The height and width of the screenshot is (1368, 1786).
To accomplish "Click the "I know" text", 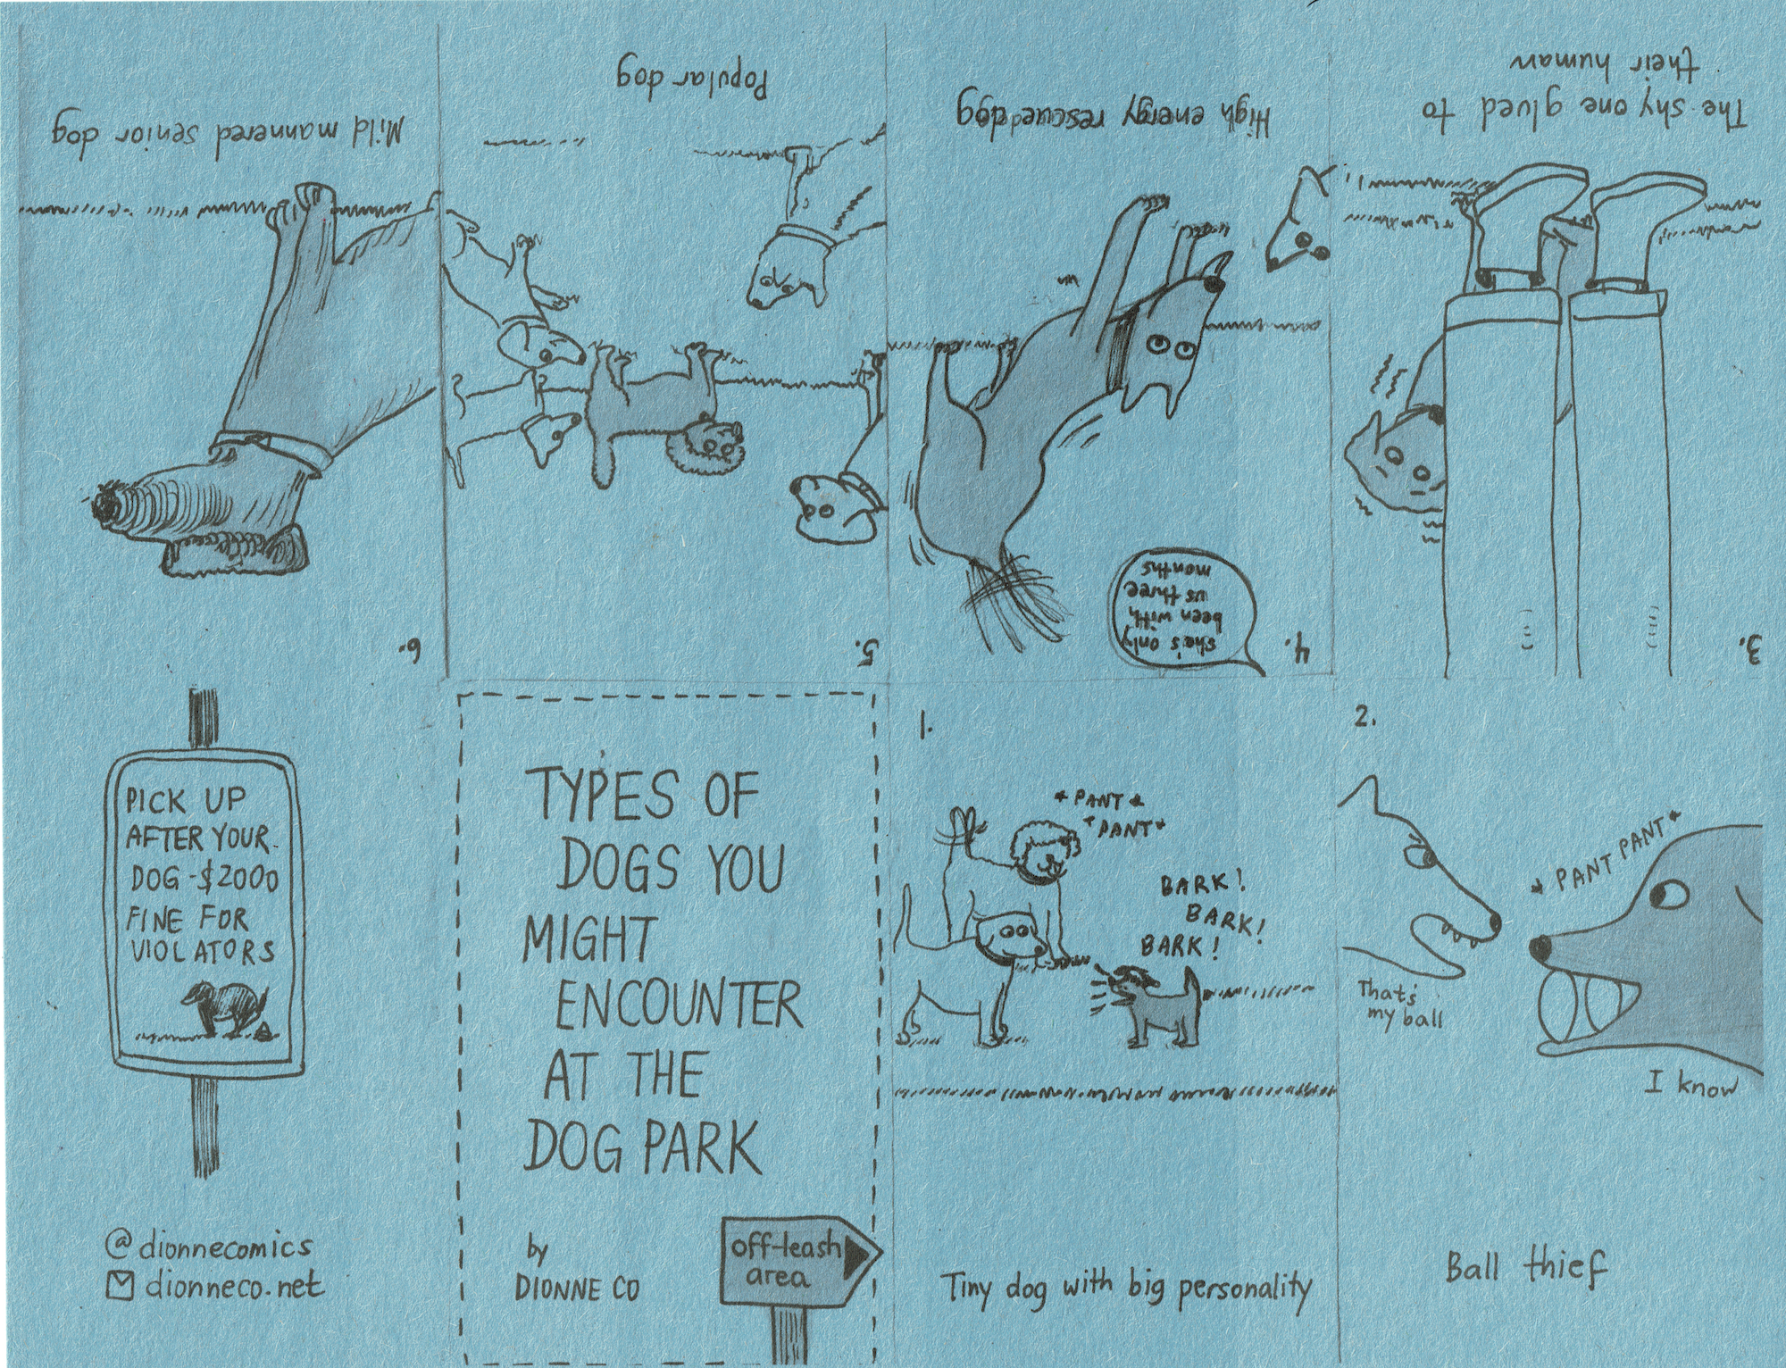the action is pos(1693,1085).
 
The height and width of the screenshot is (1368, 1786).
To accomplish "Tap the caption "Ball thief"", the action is pos(1525,1269).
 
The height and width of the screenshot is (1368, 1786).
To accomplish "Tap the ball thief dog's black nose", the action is pos(1538,947).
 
